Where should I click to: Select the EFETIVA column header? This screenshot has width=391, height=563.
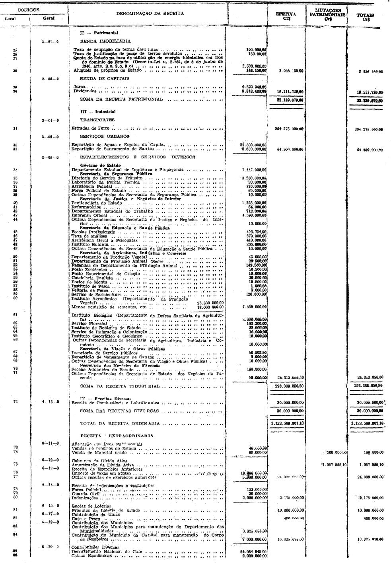click(286, 16)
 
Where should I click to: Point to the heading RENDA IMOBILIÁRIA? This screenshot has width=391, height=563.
click(105, 41)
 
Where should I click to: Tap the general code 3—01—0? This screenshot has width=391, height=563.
click(50, 120)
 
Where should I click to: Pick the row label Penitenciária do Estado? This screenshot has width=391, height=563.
click(95, 203)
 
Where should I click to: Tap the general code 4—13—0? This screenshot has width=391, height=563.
click(50, 402)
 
